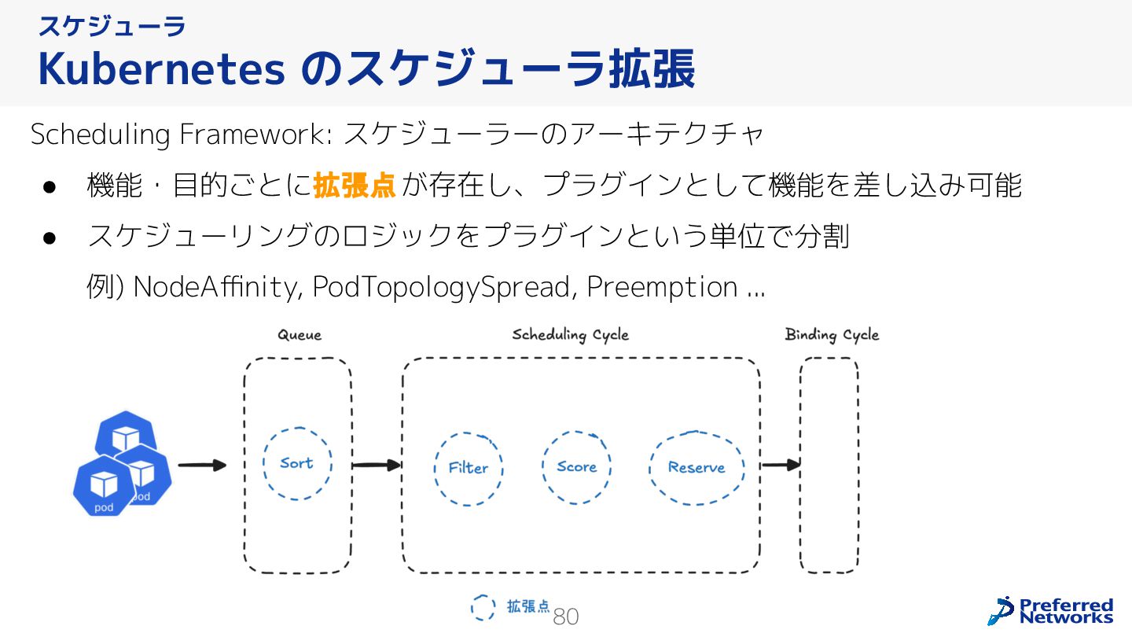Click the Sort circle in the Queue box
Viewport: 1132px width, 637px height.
tap(296, 464)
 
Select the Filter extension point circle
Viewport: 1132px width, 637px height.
tap(469, 468)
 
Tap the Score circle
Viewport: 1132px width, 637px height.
tap(576, 467)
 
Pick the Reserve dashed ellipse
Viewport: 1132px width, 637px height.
tap(696, 468)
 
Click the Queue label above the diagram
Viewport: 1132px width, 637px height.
tap(300, 335)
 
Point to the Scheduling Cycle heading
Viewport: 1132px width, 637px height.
tap(571, 335)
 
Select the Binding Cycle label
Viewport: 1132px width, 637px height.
tap(832, 335)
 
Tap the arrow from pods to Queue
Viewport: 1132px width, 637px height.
tap(202, 466)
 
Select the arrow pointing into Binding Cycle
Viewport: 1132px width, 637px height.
tap(781, 466)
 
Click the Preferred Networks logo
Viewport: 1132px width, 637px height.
tap(1051, 611)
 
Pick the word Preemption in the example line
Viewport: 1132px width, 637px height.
tap(662, 288)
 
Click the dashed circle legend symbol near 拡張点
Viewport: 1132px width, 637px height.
tap(483, 607)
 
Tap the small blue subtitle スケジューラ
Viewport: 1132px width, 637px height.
tap(112, 26)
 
